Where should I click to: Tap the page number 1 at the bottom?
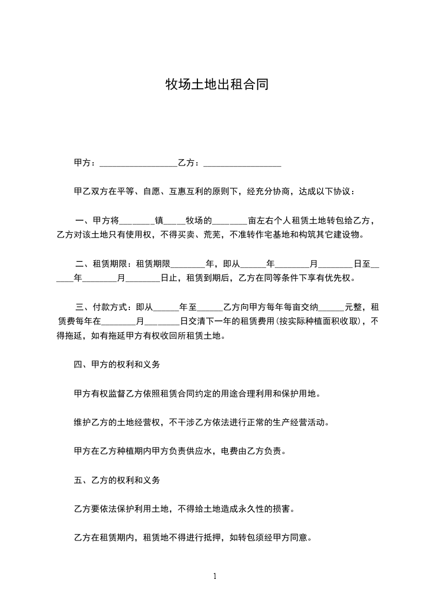[x=215, y=576]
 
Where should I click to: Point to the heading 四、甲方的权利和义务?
[x=116, y=365]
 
